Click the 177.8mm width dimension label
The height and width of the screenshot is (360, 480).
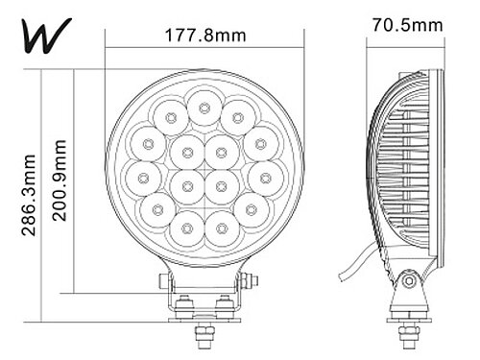pyautogui.click(x=205, y=36)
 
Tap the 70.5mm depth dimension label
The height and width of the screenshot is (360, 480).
pyautogui.click(x=407, y=25)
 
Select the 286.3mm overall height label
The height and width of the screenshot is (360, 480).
pyautogui.click(x=29, y=195)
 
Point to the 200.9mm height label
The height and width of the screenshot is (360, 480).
pyautogui.click(x=60, y=180)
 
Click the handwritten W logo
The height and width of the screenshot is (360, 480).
pyautogui.click(x=47, y=36)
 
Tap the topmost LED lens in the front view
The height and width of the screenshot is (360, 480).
pyautogui.click(x=204, y=108)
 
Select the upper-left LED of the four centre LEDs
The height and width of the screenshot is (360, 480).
pyautogui.click(x=187, y=153)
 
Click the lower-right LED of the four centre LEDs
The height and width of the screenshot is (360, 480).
pyautogui.click(x=222, y=186)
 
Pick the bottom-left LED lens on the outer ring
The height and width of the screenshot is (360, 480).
pyautogui.click(x=187, y=228)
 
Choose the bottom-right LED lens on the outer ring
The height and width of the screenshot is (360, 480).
pyautogui.click(x=222, y=228)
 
